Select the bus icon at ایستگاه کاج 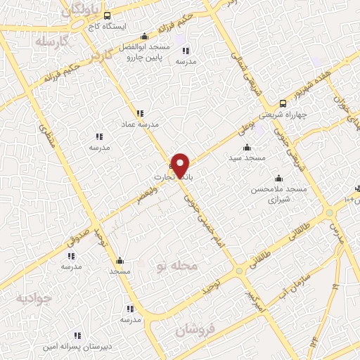pyautogui.click(x=106, y=15)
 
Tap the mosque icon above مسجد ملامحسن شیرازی pyautogui.click(x=279, y=178)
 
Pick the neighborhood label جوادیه pyautogui.click(x=34, y=298)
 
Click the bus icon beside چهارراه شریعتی pyautogui.click(x=283, y=103)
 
